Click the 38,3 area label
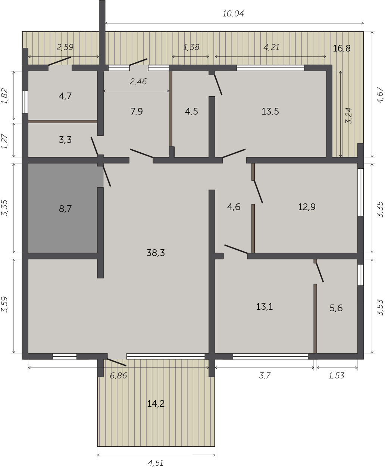[156, 253]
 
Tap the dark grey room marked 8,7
[63, 208]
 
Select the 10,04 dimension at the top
[233, 14]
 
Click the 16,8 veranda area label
[342, 49]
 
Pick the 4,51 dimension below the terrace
[156, 461]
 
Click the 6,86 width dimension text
[119, 375]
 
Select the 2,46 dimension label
[138, 82]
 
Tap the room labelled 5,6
[336, 308]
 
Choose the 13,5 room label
[270, 111]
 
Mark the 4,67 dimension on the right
[380, 95]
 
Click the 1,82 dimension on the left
[4, 96]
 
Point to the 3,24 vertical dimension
[349, 116]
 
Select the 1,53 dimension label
[336, 375]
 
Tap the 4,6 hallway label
[234, 207]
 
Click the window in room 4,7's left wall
[25, 102]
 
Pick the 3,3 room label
[65, 140]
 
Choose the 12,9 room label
[307, 207]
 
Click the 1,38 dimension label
[191, 47]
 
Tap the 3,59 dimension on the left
[4, 304]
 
